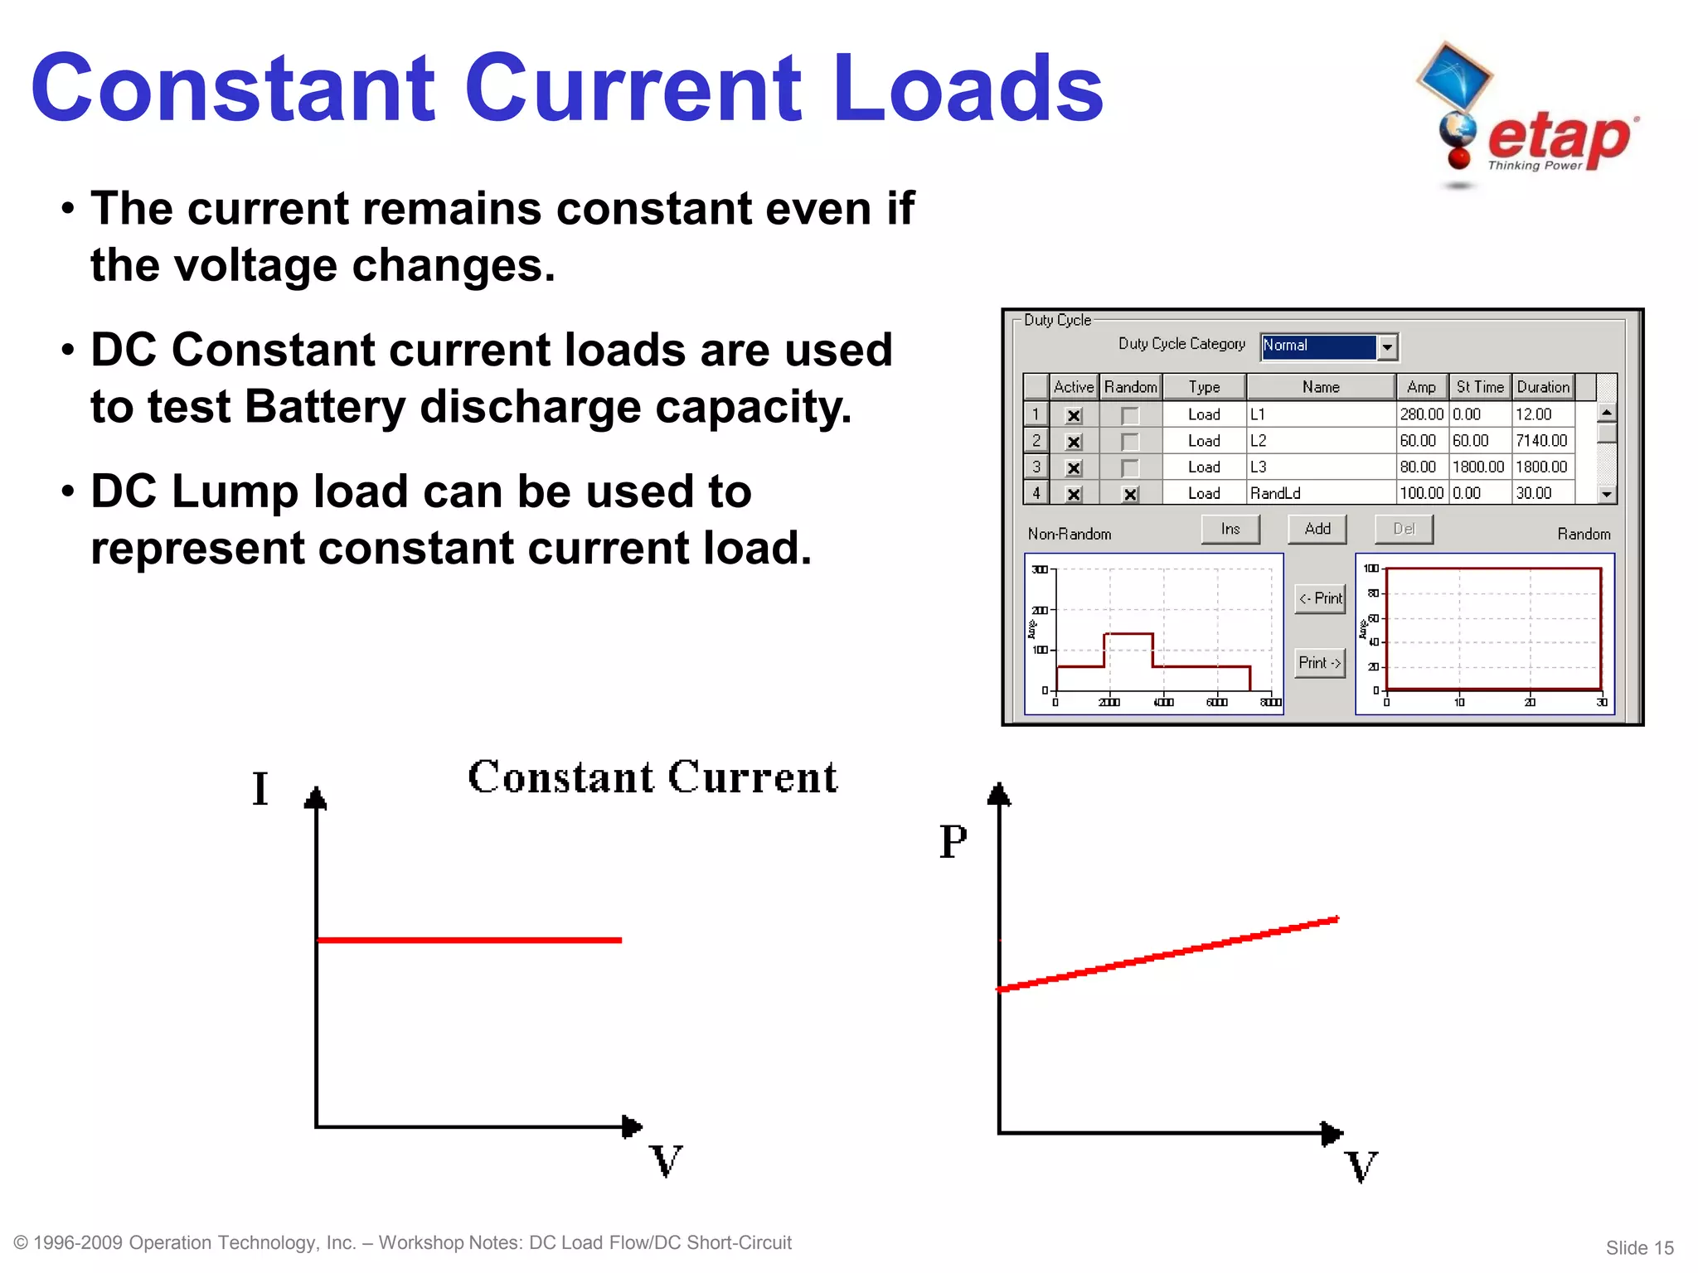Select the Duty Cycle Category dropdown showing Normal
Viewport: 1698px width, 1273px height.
(x=1329, y=346)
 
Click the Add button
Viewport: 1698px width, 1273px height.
(x=1317, y=529)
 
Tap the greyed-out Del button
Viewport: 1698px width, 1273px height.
(x=1403, y=529)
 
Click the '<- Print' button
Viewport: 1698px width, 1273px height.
(x=1320, y=598)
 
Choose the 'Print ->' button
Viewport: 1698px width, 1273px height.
(x=1319, y=663)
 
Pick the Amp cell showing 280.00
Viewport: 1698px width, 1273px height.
(x=1421, y=414)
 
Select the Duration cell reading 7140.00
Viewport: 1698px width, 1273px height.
(x=1541, y=441)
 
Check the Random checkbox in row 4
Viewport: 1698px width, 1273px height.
(x=1130, y=495)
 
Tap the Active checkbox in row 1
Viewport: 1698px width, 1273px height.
(x=1074, y=416)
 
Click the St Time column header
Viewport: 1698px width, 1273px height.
(x=1479, y=387)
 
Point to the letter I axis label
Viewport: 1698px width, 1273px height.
(x=260, y=788)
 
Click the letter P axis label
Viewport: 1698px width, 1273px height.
(x=953, y=841)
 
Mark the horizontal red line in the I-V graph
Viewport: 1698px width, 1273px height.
(x=469, y=940)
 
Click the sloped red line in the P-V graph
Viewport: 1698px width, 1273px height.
(x=1169, y=954)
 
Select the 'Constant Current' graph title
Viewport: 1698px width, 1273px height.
(x=653, y=777)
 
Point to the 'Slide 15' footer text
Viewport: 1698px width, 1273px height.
(x=1639, y=1248)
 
